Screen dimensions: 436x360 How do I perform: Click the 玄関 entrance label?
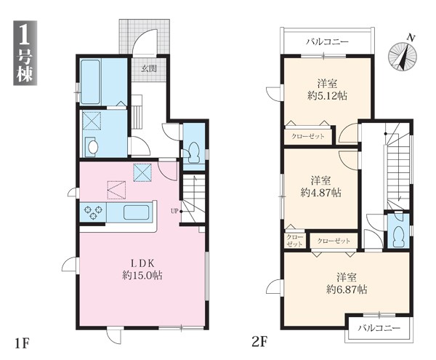(149, 68)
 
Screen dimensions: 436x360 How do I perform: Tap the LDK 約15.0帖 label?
(142, 269)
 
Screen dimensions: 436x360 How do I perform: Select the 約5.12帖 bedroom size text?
(327, 96)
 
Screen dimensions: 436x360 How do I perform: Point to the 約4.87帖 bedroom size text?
(321, 192)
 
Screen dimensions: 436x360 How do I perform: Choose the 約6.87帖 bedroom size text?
(347, 289)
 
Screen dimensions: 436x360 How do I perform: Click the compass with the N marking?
(403, 55)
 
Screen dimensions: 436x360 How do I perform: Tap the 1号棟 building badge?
(25, 53)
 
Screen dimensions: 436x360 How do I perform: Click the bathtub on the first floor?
(90, 81)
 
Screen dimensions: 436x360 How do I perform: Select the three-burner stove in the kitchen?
(93, 212)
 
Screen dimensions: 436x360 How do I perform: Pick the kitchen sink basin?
(136, 212)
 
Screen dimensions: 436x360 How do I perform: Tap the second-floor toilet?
(399, 236)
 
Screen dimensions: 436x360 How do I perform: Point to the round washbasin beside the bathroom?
(92, 147)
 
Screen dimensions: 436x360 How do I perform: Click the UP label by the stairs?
(174, 211)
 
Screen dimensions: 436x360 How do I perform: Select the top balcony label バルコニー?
(327, 42)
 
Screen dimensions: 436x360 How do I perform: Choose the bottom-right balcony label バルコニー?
(379, 328)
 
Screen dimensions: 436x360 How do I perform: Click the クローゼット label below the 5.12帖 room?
(308, 136)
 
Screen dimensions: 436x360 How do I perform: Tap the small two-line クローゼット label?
(295, 241)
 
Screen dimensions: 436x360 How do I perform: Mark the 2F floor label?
(259, 342)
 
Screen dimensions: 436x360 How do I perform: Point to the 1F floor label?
(22, 343)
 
